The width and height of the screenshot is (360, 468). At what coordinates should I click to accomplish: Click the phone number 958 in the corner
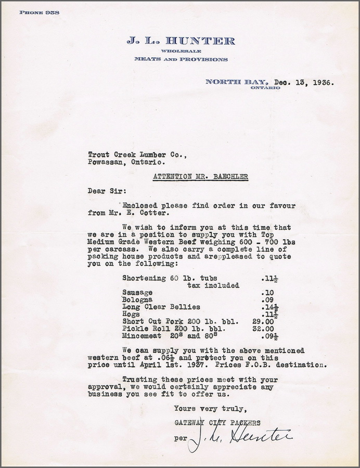[x=52, y=12]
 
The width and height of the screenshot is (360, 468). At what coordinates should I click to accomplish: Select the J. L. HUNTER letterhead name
[x=180, y=41]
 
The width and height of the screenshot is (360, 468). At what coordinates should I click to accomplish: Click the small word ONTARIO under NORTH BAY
[x=265, y=88]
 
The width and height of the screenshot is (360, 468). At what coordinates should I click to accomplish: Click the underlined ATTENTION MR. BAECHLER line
[x=201, y=176]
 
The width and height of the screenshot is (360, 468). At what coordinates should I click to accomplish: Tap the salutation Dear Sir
[x=103, y=191]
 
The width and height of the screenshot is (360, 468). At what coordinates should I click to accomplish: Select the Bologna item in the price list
[x=137, y=300]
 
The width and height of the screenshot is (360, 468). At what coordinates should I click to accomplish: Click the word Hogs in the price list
[x=131, y=314]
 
